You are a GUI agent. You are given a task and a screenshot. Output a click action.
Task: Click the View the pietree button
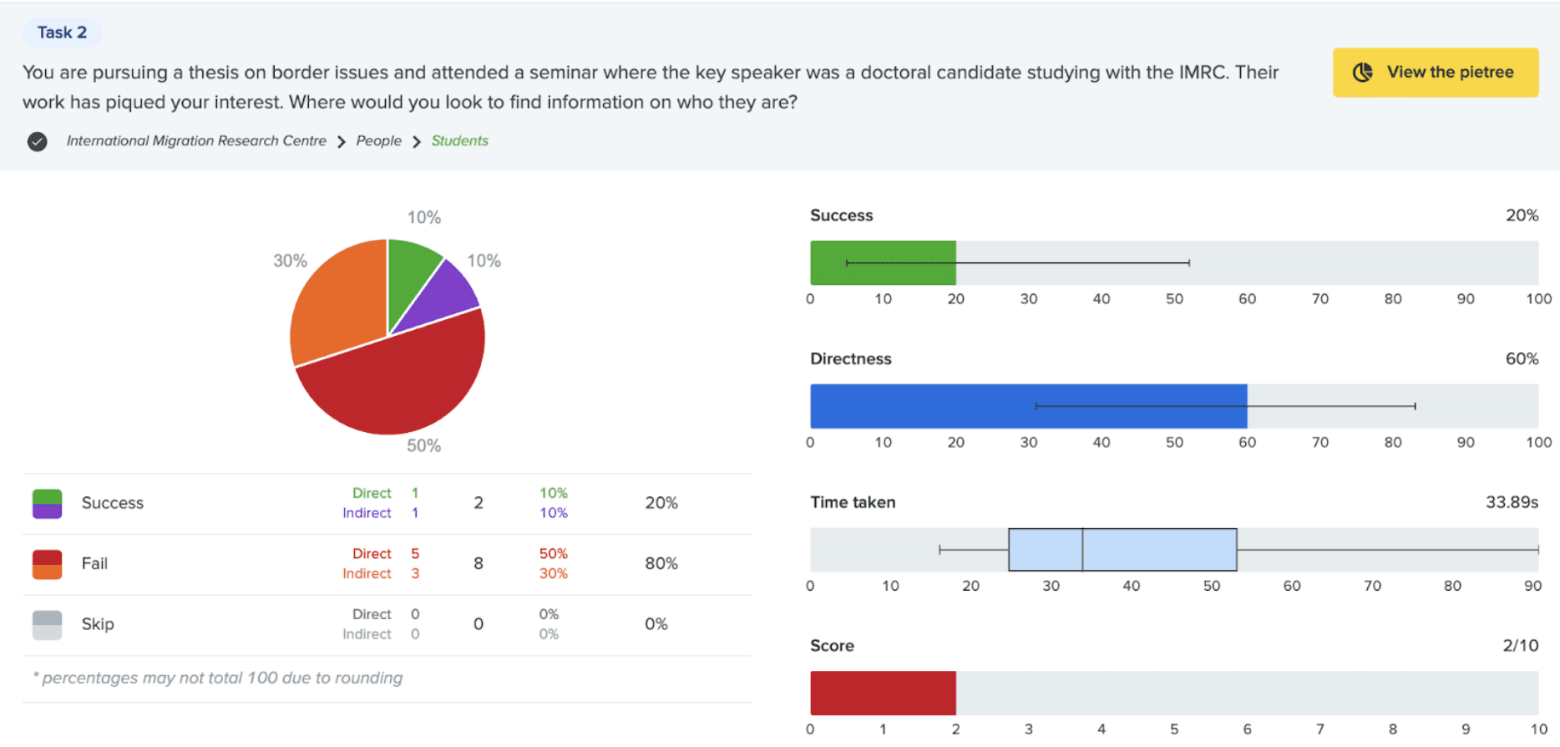pyautogui.click(x=1435, y=73)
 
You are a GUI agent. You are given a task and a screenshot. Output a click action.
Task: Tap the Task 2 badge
pyautogui.click(x=62, y=33)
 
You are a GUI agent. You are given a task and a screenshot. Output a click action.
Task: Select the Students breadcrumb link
pyautogui.click(x=459, y=141)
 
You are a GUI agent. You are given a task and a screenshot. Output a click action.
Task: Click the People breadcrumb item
pyautogui.click(x=378, y=141)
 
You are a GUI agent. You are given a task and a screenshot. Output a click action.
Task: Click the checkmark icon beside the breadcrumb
pyautogui.click(x=37, y=142)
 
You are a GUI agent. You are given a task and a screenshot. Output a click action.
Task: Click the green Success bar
pyautogui.click(x=882, y=263)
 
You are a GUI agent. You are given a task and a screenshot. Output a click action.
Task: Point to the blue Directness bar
pyautogui.click(x=1027, y=407)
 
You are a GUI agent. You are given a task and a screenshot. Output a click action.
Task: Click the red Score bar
pyautogui.click(x=882, y=694)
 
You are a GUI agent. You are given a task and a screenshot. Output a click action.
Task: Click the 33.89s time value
pyautogui.click(x=1511, y=502)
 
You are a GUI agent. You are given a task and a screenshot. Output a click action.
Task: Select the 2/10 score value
pyautogui.click(x=1520, y=646)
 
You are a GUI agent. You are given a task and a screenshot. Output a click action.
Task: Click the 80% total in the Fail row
pyautogui.click(x=661, y=564)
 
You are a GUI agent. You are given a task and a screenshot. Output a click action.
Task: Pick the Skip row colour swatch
pyautogui.click(x=47, y=625)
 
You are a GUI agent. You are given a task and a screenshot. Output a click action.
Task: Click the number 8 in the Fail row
pyautogui.click(x=479, y=564)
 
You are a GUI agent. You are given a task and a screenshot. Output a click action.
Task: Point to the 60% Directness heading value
pyautogui.click(x=1521, y=359)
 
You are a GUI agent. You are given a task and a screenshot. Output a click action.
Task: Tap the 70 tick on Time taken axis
pyautogui.click(x=1372, y=587)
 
